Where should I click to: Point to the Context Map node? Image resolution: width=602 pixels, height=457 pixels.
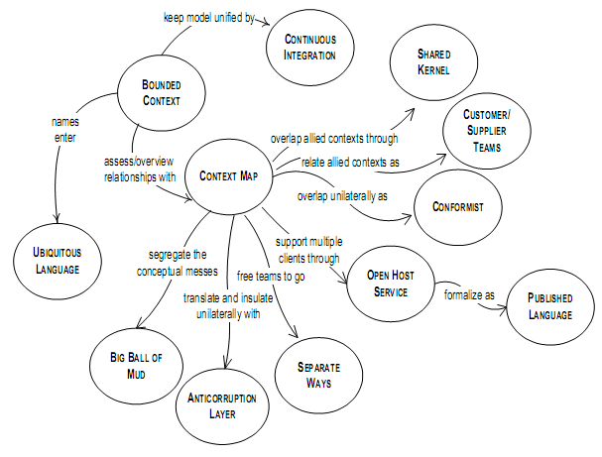click(230, 176)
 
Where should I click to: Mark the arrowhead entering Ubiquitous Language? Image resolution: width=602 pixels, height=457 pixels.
click(54, 220)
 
